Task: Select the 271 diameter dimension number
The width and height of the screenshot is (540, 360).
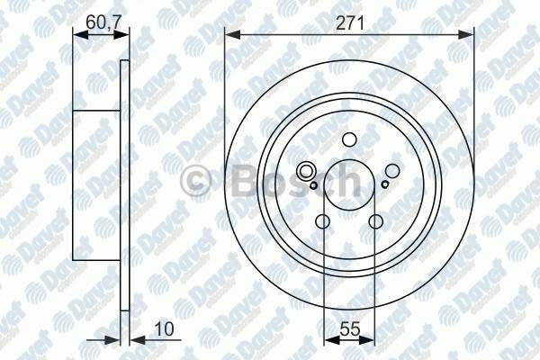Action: [x=350, y=24]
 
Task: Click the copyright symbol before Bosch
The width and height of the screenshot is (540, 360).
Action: [x=194, y=182]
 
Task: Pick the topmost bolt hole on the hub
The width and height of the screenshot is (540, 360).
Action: [x=348, y=141]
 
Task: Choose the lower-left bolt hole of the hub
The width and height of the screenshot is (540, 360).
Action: [x=323, y=222]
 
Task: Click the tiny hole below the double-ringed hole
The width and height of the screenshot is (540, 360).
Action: [x=313, y=185]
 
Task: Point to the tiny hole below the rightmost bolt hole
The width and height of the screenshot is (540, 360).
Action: [x=384, y=184]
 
